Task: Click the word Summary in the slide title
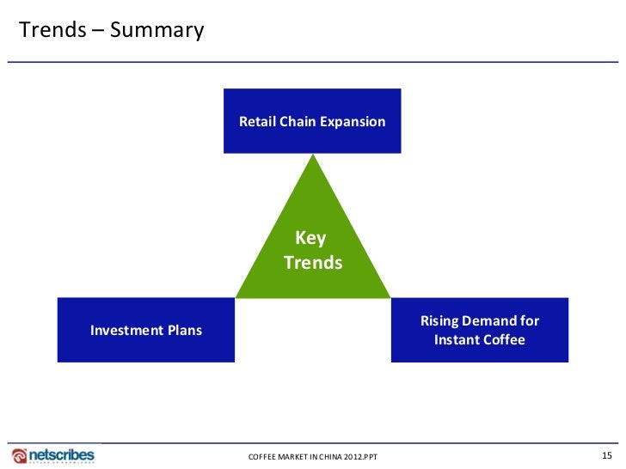(157, 31)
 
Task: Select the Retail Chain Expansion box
(312, 120)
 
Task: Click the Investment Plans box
(146, 330)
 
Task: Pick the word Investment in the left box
(127, 330)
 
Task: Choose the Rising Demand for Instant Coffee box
(479, 330)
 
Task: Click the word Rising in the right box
(440, 321)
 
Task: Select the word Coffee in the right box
(505, 340)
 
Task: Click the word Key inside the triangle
(310, 239)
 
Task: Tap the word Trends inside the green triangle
(313, 263)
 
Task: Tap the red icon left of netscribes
(19, 454)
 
